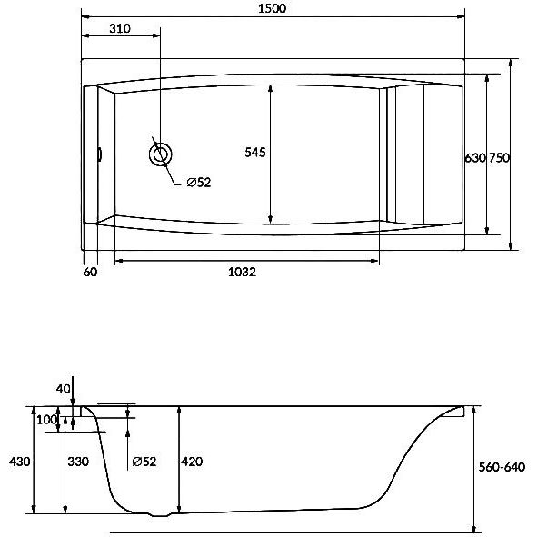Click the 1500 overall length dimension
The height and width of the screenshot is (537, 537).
pyautogui.click(x=272, y=8)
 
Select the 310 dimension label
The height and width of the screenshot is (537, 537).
pyautogui.click(x=120, y=28)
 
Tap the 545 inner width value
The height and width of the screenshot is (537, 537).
pyautogui.click(x=255, y=152)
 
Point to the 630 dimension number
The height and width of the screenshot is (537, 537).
pyautogui.click(x=475, y=158)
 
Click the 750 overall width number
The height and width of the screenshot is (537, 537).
pyautogui.click(x=499, y=158)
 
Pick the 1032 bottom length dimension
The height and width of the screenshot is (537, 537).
pyautogui.click(x=242, y=272)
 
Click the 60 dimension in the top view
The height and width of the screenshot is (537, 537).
pyautogui.click(x=91, y=272)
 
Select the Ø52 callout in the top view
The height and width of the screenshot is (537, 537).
pyautogui.click(x=199, y=183)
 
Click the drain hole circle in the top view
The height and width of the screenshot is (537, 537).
pyautogui.click(x=160, y=154)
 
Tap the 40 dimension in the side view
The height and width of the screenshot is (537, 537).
pyautogui.click(x=63, y=389)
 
